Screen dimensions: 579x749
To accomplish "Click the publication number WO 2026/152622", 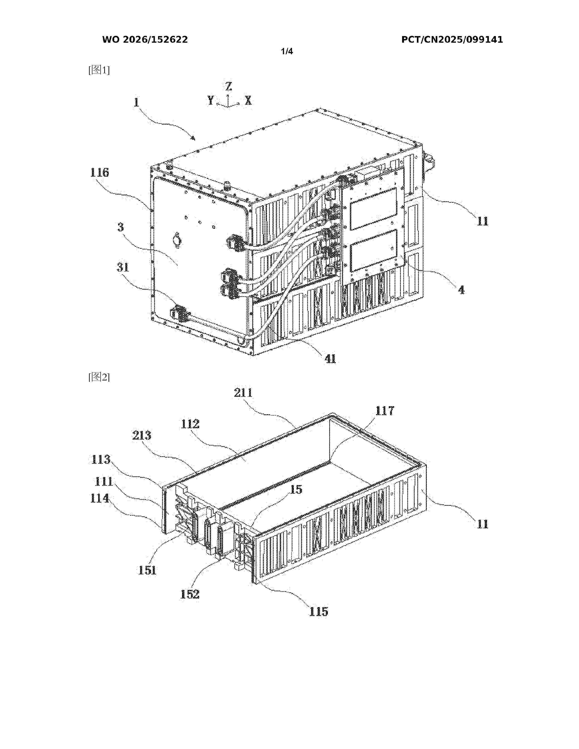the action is (145, 40).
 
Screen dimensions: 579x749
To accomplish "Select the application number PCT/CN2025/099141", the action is (452, 40).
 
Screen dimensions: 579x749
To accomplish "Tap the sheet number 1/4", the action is (287, 52).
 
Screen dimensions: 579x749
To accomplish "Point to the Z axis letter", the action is (228, 86).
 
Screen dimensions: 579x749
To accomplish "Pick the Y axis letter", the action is (211, 101).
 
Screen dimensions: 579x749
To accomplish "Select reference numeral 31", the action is (123, 267).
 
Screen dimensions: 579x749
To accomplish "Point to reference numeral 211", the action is (243, 393).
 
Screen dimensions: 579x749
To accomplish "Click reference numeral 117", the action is (384, 411).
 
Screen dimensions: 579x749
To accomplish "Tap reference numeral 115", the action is (319, 611).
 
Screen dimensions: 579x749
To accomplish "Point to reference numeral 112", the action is (190, 424).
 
